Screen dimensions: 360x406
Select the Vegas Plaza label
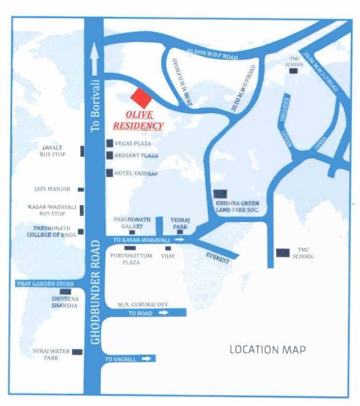point(133,143)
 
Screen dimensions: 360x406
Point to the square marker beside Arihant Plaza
point(110,156)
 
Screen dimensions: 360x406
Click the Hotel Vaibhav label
point(133,173)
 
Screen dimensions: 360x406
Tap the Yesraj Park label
point(180,223)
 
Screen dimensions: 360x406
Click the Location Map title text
point(267,349)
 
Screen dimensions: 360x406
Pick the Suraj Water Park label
point(47,354)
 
